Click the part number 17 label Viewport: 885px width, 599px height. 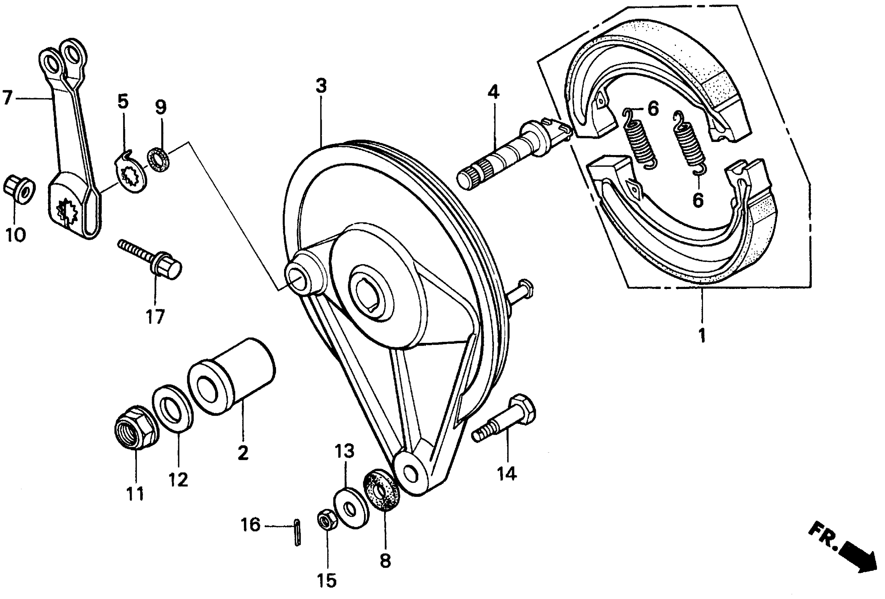coord(155,317)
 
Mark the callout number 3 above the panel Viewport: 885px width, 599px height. coord(321,86)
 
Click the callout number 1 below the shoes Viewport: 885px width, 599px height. coord(702,336)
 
